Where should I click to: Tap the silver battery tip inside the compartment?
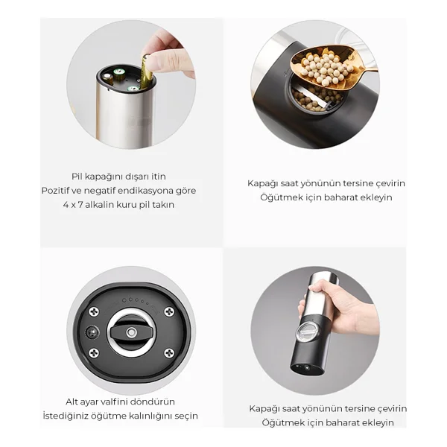(x=107, y=77)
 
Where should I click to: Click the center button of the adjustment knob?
(x=131, y=332)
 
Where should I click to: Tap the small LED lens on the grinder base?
(x=92, y=333)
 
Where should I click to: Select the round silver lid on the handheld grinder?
(x=306, y=332)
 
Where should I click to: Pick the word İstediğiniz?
(x=66, y=416)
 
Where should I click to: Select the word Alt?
(x=72, y=402)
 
